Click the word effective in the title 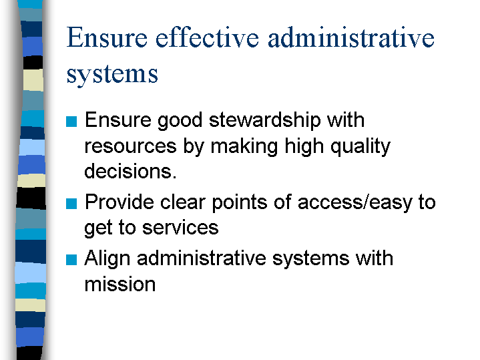(x=207, y=37)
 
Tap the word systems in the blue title (x=112, y=75)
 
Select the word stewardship (x=265, y=120)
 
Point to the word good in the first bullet (x=180, y=120)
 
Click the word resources (x=130, y=146)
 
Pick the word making (x=244, y=146)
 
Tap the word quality (x=361, y=146)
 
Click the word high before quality (x=304, y=146)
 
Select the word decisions (x=130, y=171)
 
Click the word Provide (x=119, y=202)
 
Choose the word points (x=240, y=203)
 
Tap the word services (x=180, y=228)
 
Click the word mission (x=120, y=285)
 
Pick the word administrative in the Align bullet (x=202, y=258)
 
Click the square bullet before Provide (x=71, y=204)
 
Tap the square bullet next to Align (x=71, y=260)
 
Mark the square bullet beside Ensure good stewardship (x=71, y=122)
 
